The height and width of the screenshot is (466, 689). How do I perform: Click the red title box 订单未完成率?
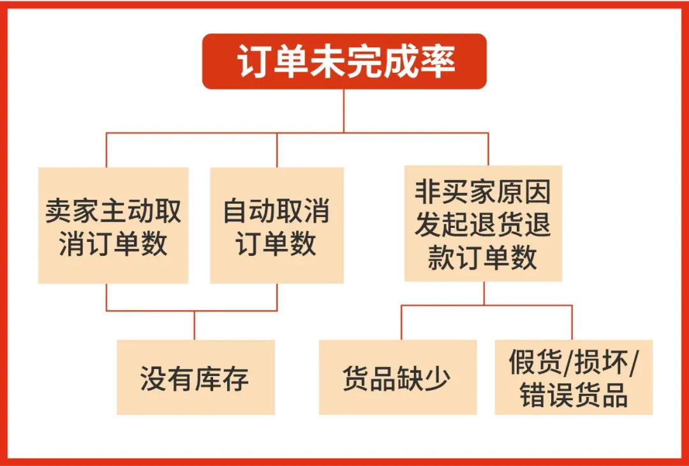point(344,61)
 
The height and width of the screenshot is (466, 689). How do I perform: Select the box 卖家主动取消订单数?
point(114,225)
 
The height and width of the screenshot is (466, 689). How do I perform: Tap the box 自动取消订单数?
point(277,225)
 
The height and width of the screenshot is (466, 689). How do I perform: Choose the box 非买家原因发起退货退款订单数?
point(483,223)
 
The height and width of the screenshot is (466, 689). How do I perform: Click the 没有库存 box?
point(196,377)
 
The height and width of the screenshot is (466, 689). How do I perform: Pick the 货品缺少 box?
point(397,377)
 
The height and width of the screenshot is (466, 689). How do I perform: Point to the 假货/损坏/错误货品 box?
point(574,377)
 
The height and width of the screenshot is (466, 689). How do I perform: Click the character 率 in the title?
point(437,62)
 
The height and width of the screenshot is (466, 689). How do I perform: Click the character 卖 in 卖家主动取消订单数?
point(59,211)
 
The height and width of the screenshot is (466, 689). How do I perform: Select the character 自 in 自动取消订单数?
point(237,211)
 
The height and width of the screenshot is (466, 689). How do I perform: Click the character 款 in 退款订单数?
point(441,257)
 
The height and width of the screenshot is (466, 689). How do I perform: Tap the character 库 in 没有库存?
point(209,378)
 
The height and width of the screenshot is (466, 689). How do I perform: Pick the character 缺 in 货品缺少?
point(411,378)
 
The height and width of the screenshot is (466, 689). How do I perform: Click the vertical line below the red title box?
point(344,110)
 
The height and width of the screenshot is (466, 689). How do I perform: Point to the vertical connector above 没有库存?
point(194,326)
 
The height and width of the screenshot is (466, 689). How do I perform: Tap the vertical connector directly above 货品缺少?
point(401,322)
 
